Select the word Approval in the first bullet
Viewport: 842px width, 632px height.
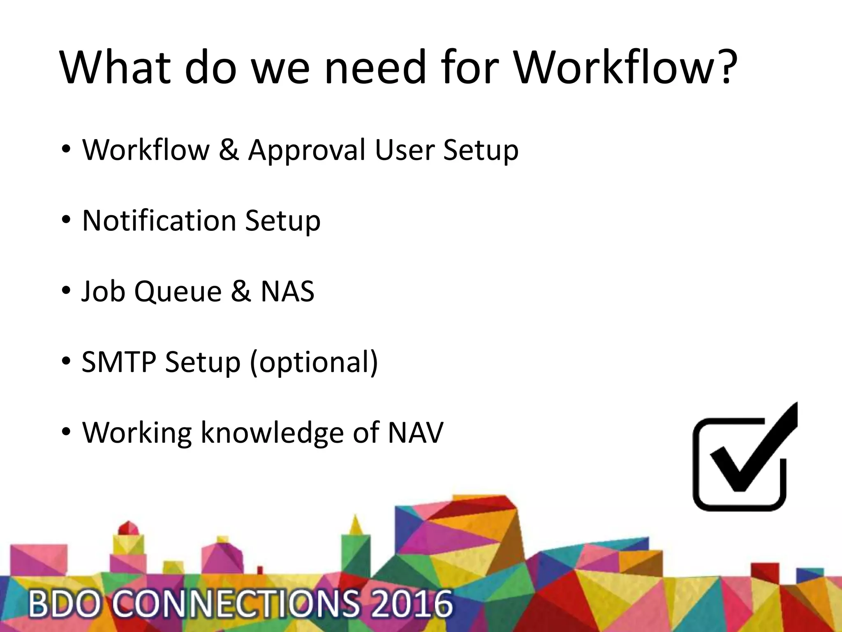(x=307, y=150)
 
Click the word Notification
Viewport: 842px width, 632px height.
(x=159, y=221)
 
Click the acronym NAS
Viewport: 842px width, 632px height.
(x=287, y=291)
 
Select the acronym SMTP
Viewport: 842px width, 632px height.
(x=119, y=362)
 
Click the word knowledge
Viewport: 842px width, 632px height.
(x=272, y=433)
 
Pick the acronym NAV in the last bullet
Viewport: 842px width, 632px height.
(x=416, y=432)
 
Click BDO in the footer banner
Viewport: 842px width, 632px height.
(x=64, y=604)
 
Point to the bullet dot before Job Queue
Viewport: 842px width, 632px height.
(x=66, y=291)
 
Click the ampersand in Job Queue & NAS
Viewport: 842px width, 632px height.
(x=241, y=291)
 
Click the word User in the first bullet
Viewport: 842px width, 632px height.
(x=405, y=150)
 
